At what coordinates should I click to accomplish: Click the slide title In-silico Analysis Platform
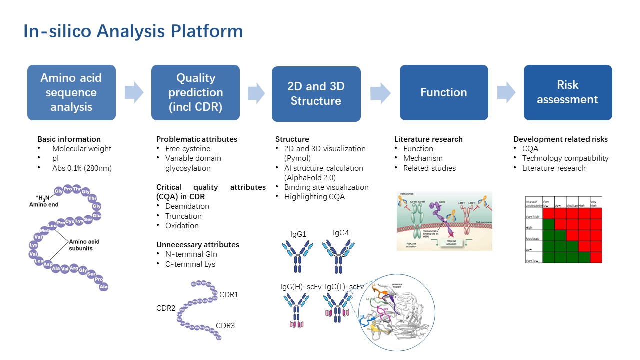(133, 31)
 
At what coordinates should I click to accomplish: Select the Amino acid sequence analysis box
(71, 92)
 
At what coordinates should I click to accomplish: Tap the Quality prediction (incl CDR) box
(195, 92)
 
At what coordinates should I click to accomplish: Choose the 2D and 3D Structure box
(316, 94)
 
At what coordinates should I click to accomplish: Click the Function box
(444, 92)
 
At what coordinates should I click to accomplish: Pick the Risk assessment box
(568, 92)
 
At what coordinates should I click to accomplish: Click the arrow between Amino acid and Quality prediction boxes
(133, 93)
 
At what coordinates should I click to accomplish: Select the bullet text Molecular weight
(82, 149)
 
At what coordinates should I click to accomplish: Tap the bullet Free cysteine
(188, 149)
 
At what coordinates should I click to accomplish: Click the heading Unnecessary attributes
(198, 245)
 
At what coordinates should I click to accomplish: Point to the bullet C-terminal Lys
(190, 264)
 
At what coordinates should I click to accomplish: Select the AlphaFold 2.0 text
(311, 177)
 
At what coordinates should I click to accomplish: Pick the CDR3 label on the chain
(225, 326)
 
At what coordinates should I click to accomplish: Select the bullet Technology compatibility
(565, 158)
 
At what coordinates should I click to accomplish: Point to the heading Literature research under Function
(428, 139)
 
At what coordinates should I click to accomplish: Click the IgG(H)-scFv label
(300, 287)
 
